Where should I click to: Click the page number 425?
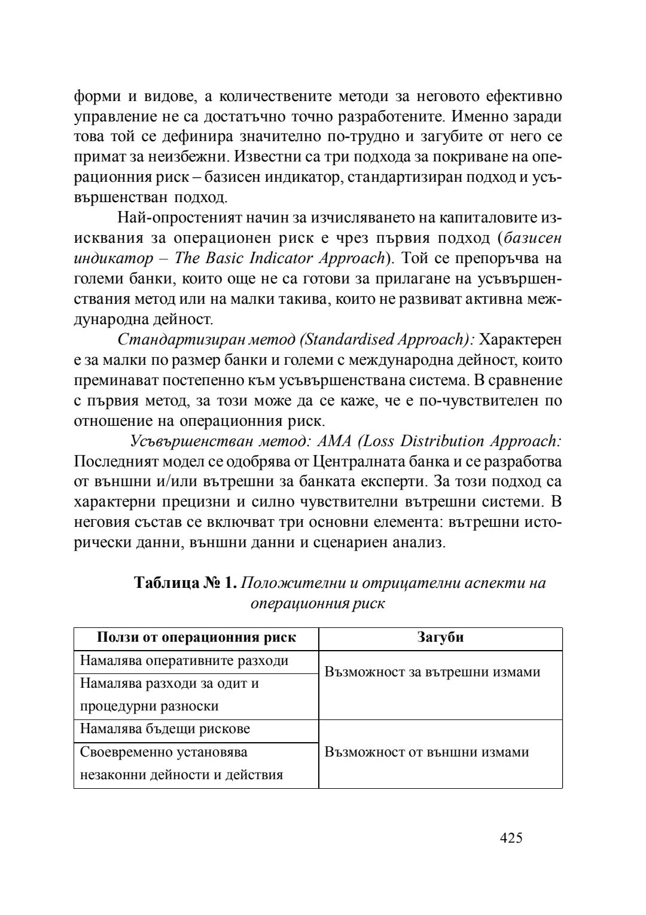[x=511, y=838]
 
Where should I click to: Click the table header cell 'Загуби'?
[x=440, y=638]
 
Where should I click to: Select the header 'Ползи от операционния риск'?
[x=196, y=638]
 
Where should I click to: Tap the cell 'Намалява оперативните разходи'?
[x=184, y=661]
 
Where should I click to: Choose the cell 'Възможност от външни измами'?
[x=426, y=752]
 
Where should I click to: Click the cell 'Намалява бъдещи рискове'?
[x=165, y=730]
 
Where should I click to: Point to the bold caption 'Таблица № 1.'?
[x=187, y=582]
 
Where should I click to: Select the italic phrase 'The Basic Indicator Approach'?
[x=279, y=258]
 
